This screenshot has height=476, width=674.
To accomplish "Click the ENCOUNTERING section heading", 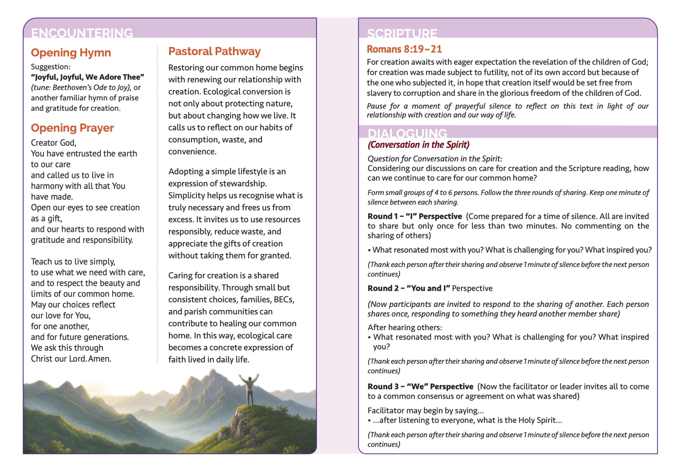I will (82, 33).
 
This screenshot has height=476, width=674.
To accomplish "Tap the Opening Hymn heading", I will (71, 53).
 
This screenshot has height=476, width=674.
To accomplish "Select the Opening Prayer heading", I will (72, 128).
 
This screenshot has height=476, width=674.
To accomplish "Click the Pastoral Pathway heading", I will (214, 52).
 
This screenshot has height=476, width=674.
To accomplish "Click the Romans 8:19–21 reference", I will (404, 49).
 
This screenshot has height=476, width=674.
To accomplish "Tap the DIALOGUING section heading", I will (407, 133).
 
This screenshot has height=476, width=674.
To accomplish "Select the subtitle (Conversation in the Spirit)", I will (418, 145).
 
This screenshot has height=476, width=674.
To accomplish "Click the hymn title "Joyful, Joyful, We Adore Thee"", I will (87, 77).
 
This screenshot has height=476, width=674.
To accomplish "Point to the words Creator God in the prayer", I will (53, 143).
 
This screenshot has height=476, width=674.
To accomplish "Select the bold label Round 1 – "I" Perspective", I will (414, 216).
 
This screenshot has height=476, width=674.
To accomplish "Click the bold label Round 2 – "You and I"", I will (409, 288).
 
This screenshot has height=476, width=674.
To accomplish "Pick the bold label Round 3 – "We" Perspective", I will (420, 387).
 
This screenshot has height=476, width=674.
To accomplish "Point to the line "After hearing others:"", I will (404, 327).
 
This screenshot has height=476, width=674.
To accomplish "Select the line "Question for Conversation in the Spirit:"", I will (435, 159).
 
